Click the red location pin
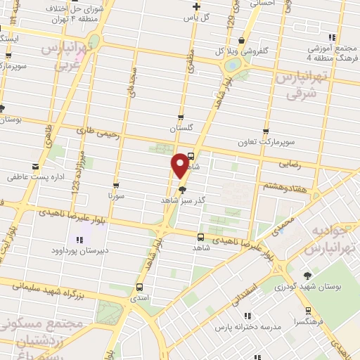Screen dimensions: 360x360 click(181, 165)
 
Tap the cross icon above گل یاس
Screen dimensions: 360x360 click(196, 6)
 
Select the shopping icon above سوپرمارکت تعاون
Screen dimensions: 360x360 click(265, 131)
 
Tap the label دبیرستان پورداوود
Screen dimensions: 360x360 click(79, 250)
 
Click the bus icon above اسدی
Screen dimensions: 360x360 click(139, 287)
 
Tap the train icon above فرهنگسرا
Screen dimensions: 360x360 click(307, 310)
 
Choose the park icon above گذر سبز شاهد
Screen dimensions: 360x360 click(183, 189)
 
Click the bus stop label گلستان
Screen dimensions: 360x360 click(181, 129)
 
